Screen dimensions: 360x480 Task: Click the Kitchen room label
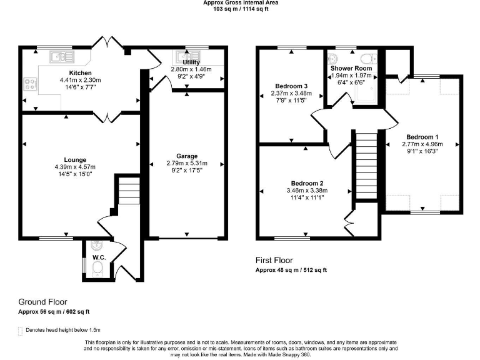pyautogui.click(x=79, y=72)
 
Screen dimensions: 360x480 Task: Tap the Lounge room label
pyautogui.click(x=74, y=159)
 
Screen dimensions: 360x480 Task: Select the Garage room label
pyautogui.click(x=187, y=156)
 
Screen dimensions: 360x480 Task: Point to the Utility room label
pyautogui.click(x=191, y=62)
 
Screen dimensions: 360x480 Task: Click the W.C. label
pyautogui.click(x=99, y=257)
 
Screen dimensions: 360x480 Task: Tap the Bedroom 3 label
pyautogui.click(x=291, y=86)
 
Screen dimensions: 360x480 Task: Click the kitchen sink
pyautogui.click(x=61, y=56)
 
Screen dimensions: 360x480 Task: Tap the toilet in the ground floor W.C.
pyautogui.click(x=97, y=269)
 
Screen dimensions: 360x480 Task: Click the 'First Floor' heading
pyautogui.click(x=274, y=260)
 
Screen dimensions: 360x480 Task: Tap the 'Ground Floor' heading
pyautogui.click(x=42, y=302)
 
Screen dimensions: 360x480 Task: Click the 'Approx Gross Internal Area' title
pyautogui.click(x=241, y=2)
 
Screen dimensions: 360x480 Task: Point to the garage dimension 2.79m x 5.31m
pyautogui.click(x=187, y=164)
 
